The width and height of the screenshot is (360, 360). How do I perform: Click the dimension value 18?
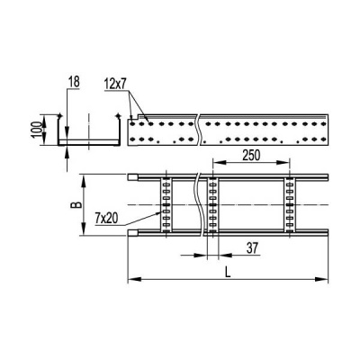coord(74,82)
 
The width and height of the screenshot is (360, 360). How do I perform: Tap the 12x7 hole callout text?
coord(115,85)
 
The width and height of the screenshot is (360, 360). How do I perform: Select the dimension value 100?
coord(36,130)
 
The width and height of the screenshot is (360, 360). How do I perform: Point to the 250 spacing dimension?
coord(251,156)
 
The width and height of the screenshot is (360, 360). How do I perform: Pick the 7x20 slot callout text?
coord(106,220)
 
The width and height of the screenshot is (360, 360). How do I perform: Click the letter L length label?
coord(229,273)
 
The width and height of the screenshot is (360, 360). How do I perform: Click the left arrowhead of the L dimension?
coord(134,279)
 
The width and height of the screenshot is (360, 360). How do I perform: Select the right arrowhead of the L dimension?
coord(321,279)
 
